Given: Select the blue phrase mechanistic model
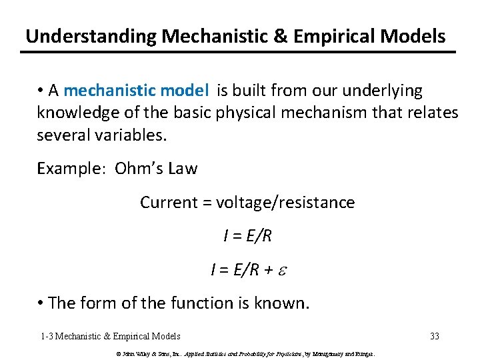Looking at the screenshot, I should pos(136,91).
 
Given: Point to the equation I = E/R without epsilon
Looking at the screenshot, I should pos(247,235).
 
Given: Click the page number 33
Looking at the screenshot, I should pos(435,336).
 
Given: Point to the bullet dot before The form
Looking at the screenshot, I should pos(41,304).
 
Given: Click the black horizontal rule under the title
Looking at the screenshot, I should pos(239,52).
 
